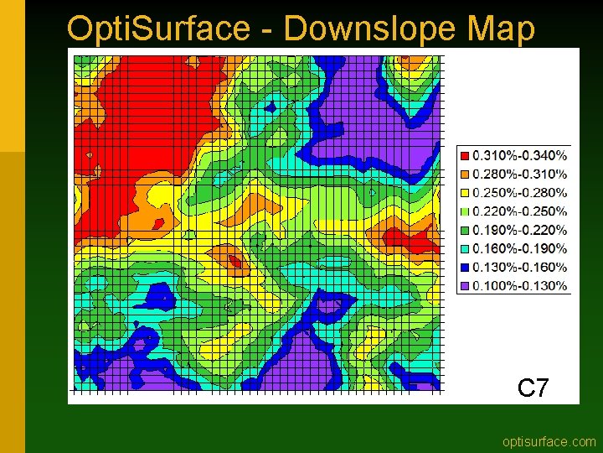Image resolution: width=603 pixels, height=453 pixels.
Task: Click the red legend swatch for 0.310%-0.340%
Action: [x=465, y=155]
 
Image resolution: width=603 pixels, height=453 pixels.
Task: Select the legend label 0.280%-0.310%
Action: [x=519, y=174]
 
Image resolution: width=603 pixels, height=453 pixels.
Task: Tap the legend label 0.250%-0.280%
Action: [x=519, y=193]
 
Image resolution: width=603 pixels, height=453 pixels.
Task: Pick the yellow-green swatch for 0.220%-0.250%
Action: [x=465, y=211]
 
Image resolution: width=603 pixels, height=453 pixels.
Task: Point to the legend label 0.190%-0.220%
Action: [x=519, y=230]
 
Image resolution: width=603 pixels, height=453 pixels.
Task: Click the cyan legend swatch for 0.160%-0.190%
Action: [x=465, y=248]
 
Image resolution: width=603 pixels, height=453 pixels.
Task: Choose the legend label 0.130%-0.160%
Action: [x=519, y=267]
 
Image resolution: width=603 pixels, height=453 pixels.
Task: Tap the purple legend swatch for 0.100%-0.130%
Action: [x=465, y=286]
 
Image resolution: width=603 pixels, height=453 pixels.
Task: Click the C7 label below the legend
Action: [x=533, y=388]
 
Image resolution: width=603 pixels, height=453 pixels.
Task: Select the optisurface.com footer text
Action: [x=549, y=441]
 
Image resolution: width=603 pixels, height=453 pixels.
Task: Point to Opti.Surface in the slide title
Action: [x=157, y=28]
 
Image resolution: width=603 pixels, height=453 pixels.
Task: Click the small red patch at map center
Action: [x=235, y=261]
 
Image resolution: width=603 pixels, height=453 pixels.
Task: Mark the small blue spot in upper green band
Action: [x=270, y=107]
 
